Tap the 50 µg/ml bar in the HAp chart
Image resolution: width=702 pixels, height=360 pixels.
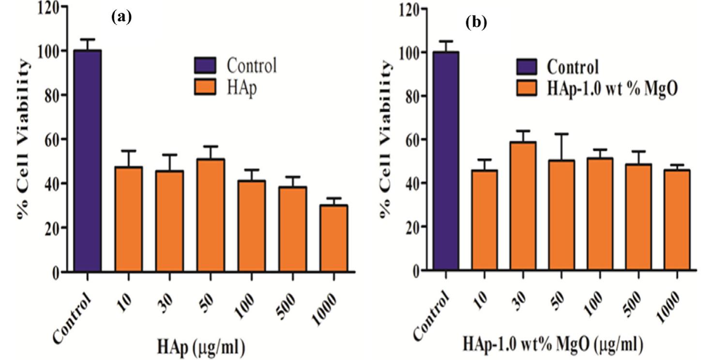pyautogui.click(x=211, y=215)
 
